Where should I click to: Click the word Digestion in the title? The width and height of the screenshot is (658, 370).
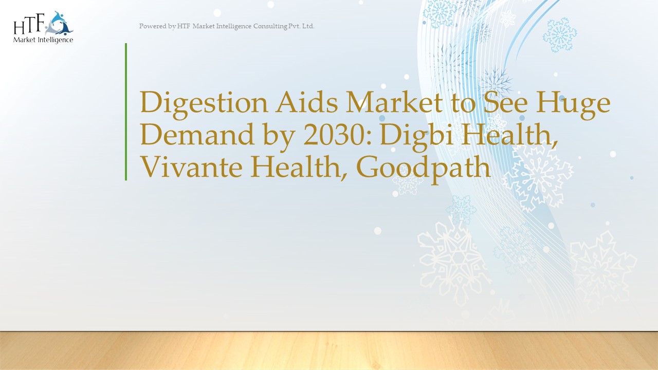(204, 103)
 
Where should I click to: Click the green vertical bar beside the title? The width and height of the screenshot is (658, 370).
(126, 112)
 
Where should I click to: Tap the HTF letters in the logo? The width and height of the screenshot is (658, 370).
(30, 25)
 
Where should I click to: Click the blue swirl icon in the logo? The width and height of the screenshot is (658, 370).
(60, 23)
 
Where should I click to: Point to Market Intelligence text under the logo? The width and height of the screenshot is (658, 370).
(43, 40)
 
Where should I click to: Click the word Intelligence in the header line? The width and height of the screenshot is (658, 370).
(232, 26)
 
